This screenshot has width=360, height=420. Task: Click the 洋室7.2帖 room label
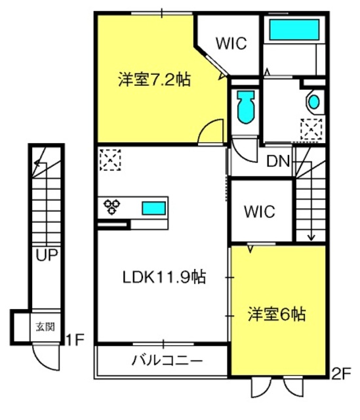(155, 79)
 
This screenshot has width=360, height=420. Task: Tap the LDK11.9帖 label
(164, 277)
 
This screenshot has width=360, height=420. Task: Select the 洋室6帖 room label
(277, 314)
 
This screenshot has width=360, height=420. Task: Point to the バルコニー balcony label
(167, 361)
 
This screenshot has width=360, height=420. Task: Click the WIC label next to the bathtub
(231, 43)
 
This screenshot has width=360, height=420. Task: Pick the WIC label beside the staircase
(260, 211)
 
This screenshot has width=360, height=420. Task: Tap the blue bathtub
(294, 30)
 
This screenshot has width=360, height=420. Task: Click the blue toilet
(246, 106)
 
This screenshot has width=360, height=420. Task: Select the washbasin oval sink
(313, 102)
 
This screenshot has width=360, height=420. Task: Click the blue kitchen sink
(153, 208)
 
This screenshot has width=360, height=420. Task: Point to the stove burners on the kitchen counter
(112, 207)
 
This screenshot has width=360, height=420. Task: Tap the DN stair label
(279, 161)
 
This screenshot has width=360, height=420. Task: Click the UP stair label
(47, 255)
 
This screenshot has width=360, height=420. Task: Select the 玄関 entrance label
(45, 327)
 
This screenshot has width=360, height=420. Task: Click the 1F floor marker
(75, 340)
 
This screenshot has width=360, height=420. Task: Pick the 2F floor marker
(341, 373)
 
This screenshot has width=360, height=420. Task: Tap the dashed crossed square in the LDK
(110, 160)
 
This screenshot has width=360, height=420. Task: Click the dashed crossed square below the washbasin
(311, 129)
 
